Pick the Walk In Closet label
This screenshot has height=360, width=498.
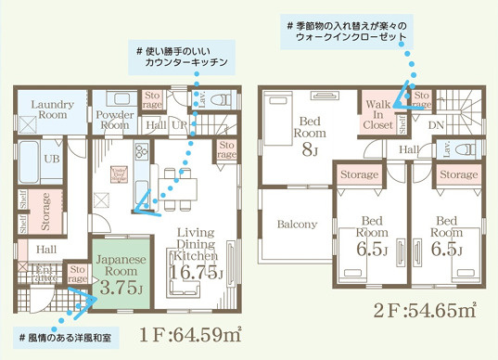tap(377, 113)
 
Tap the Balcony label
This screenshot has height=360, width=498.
tap(296, 224)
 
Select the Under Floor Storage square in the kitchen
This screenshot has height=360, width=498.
tap(120, 173)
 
